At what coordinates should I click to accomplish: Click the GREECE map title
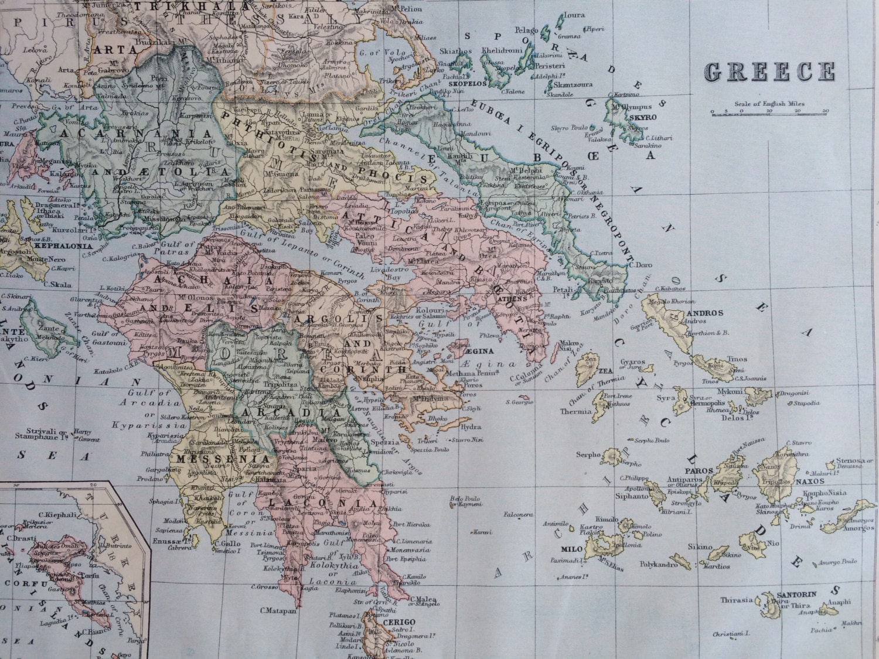click(x=769, y=71)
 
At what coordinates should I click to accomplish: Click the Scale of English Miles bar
click(x=769, y=111)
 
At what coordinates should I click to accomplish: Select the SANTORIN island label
click(x=796, y=594)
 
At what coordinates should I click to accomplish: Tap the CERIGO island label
click(x=399, y=622)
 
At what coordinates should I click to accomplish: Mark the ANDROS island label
click(x=705, y=313)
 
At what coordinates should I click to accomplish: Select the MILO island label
click(x=572, y=549)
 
